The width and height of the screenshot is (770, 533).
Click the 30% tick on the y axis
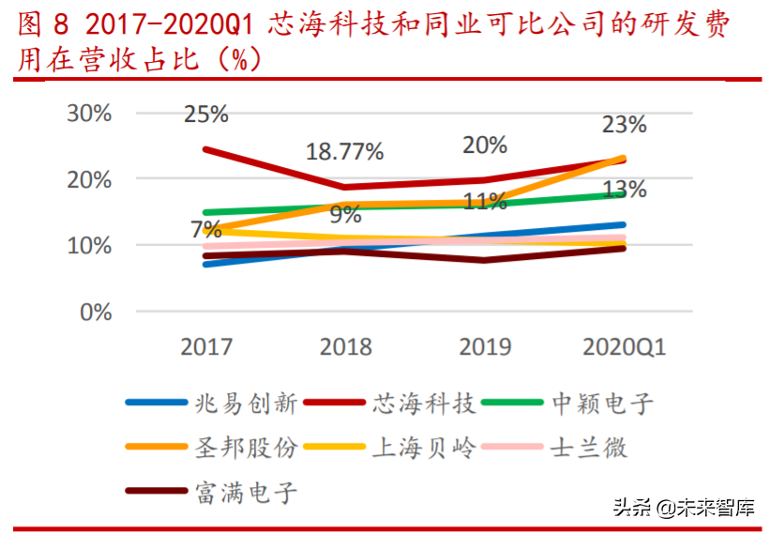click(90, 113)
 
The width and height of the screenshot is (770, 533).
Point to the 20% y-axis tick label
click(90, 179)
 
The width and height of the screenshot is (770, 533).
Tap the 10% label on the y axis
click(90, 246)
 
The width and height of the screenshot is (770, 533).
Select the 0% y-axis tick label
click(96, 312)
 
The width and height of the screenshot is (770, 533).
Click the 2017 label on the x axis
click(206, 347)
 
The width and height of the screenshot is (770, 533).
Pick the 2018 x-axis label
click(345, 347)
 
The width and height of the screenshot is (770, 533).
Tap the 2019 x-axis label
click(485, 347)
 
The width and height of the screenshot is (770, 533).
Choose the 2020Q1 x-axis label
click(624, 347)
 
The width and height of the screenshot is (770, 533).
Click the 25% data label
click(206, 114)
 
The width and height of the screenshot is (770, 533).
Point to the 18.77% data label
click(344, 152)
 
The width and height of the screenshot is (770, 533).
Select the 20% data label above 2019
click(485, 145)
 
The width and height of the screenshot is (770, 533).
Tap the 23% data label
click(624, 125)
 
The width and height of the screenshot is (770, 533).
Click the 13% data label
click(624, 189)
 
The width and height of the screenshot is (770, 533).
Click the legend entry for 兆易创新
click(245, 404)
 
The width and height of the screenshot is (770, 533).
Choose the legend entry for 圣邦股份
click(245, 448)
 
